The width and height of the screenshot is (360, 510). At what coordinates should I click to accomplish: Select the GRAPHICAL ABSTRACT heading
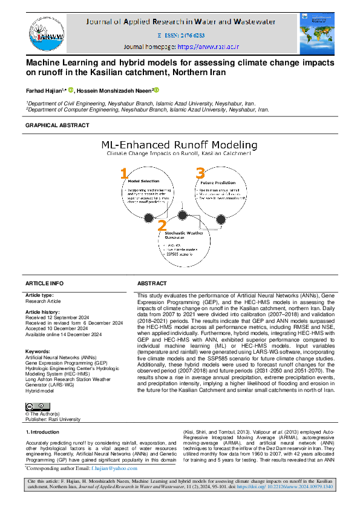tap(57, 125)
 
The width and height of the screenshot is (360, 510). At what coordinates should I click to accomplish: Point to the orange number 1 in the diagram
tap(124, 174)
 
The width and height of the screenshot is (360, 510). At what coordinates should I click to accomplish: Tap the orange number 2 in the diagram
tap(162, 225)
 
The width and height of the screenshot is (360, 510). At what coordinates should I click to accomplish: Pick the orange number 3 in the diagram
tap(200, 174)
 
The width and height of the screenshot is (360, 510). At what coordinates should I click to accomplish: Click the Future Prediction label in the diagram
tap(218, 182)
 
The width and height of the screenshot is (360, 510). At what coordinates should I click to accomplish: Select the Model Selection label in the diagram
tap(143, 181)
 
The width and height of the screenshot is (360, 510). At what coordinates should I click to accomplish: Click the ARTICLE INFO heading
tap(44, 283)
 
